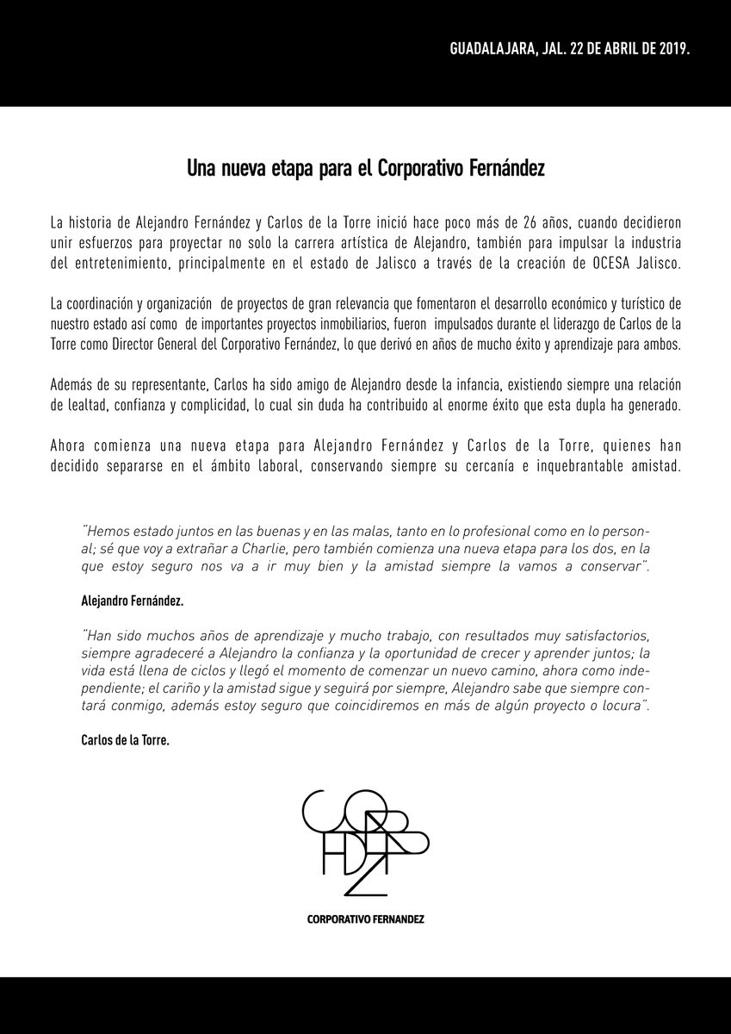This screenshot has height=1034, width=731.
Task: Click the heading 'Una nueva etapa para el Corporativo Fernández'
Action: (x=365, y=167)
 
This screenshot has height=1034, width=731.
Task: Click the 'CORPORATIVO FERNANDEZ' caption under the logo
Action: (x=365, y=919)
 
